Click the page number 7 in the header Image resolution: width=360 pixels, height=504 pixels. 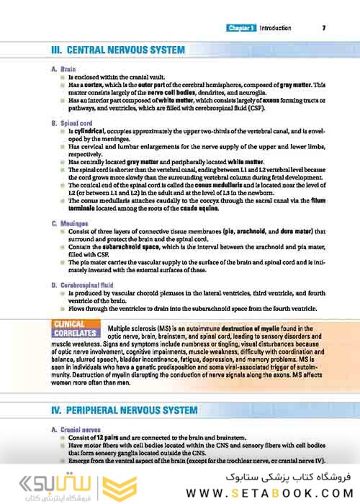click(x=324, y=28)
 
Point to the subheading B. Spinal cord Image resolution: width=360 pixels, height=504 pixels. click(x=73, y=124)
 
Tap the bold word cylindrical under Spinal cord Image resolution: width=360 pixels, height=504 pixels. click(x=89, y=133)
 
